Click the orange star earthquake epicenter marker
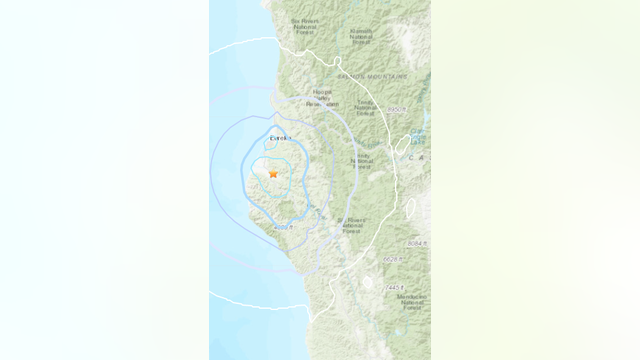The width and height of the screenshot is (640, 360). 273,174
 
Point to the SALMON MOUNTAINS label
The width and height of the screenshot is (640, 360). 371,75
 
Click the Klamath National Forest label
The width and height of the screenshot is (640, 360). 363,36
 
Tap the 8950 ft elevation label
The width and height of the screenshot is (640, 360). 397,107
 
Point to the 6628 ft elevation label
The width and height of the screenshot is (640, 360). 392,259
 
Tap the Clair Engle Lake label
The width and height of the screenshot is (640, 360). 417,136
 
